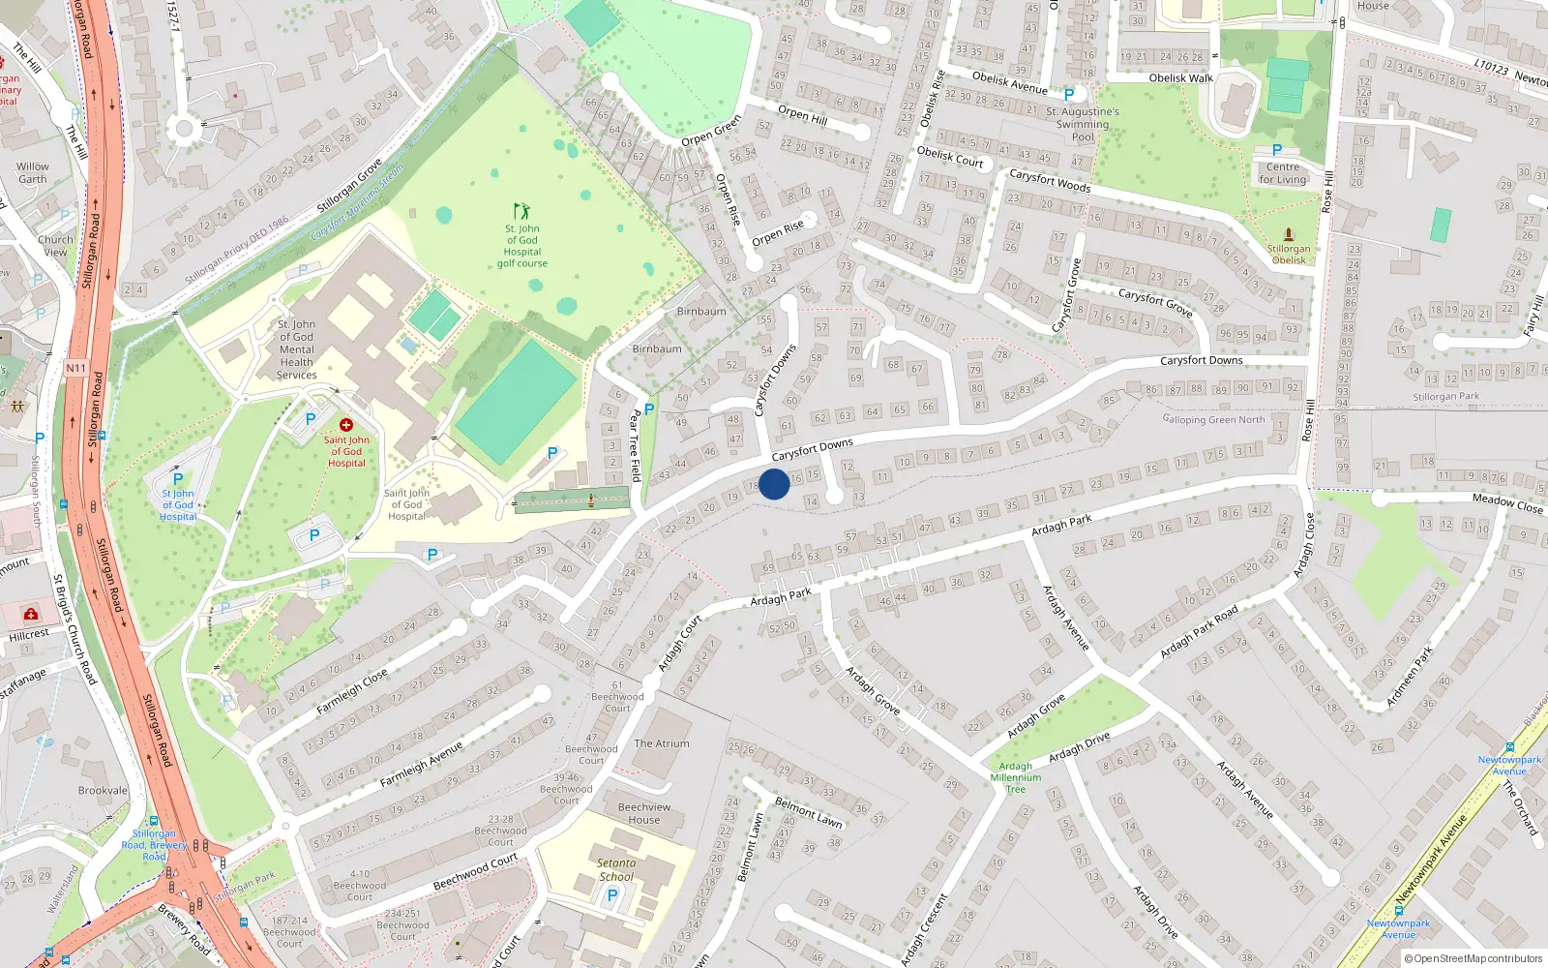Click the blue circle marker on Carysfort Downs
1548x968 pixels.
(x=774, y=484)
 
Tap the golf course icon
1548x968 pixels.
(x=521, y=210)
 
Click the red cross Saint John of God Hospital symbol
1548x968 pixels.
(x=345, y=425)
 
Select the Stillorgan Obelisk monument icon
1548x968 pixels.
(x=1289, y=234)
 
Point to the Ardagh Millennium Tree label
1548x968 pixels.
(x=1015, y=777)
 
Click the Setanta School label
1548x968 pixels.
(x=616, y=869)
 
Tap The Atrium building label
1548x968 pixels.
(x=662, y=743)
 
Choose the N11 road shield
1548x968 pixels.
(x=76, y=368)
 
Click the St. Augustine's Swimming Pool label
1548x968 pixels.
(x=1083, y=124)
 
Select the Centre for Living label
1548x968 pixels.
(x=1283, y=173)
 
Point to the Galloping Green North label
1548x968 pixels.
(x=1213, y=419)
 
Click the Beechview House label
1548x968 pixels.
(x=643, y=813)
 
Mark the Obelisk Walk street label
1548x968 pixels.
(x=1180, y=78)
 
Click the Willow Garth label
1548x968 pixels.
(x=32, y=172)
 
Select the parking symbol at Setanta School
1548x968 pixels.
(x=611, y=895)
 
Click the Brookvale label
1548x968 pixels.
(x=103, y=790)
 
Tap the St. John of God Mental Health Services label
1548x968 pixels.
(x=296, y=349)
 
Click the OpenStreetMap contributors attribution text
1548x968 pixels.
(x=1477, y=958)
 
